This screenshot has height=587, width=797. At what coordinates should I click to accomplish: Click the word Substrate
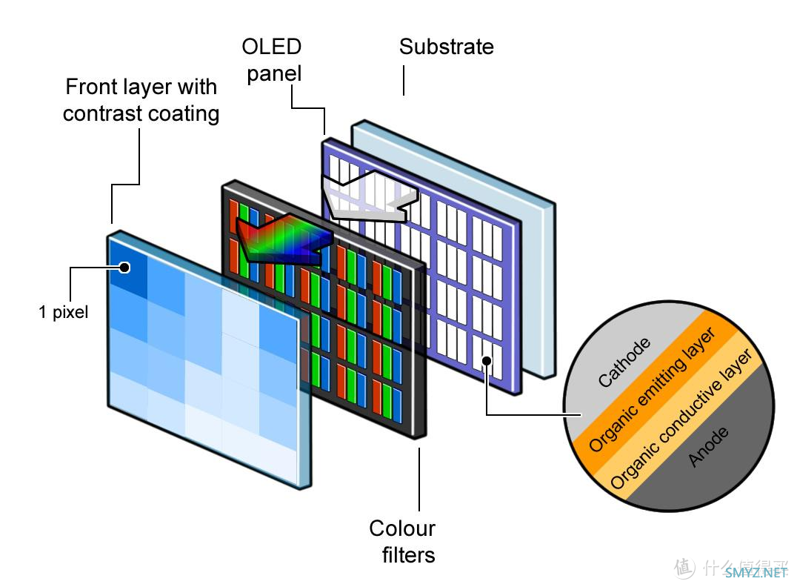(x=446, y=47)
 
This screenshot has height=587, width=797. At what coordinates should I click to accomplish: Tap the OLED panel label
(x=272, y=60)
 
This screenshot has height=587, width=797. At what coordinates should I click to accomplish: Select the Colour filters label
(x=402, y=541)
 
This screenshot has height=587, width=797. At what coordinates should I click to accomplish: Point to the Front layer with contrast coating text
(x=141, y=100)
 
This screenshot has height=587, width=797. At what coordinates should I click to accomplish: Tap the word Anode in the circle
(x=709, y=446)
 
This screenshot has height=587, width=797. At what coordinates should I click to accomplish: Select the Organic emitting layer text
(x=652, y=390)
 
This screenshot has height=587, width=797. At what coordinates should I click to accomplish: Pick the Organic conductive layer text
(x=681, y=419)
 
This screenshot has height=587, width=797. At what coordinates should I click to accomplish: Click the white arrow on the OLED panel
(x=367, y=196)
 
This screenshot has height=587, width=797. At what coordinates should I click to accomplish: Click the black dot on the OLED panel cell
(x=487, y=361)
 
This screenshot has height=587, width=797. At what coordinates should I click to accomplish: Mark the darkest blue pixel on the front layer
(x=126, y=268)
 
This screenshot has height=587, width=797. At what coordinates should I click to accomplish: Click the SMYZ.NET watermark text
(x=756, y=571)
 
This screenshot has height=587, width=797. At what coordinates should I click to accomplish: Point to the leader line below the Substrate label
(x=404, y=80)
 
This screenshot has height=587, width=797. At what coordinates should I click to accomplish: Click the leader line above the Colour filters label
(x=419, y=478)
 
